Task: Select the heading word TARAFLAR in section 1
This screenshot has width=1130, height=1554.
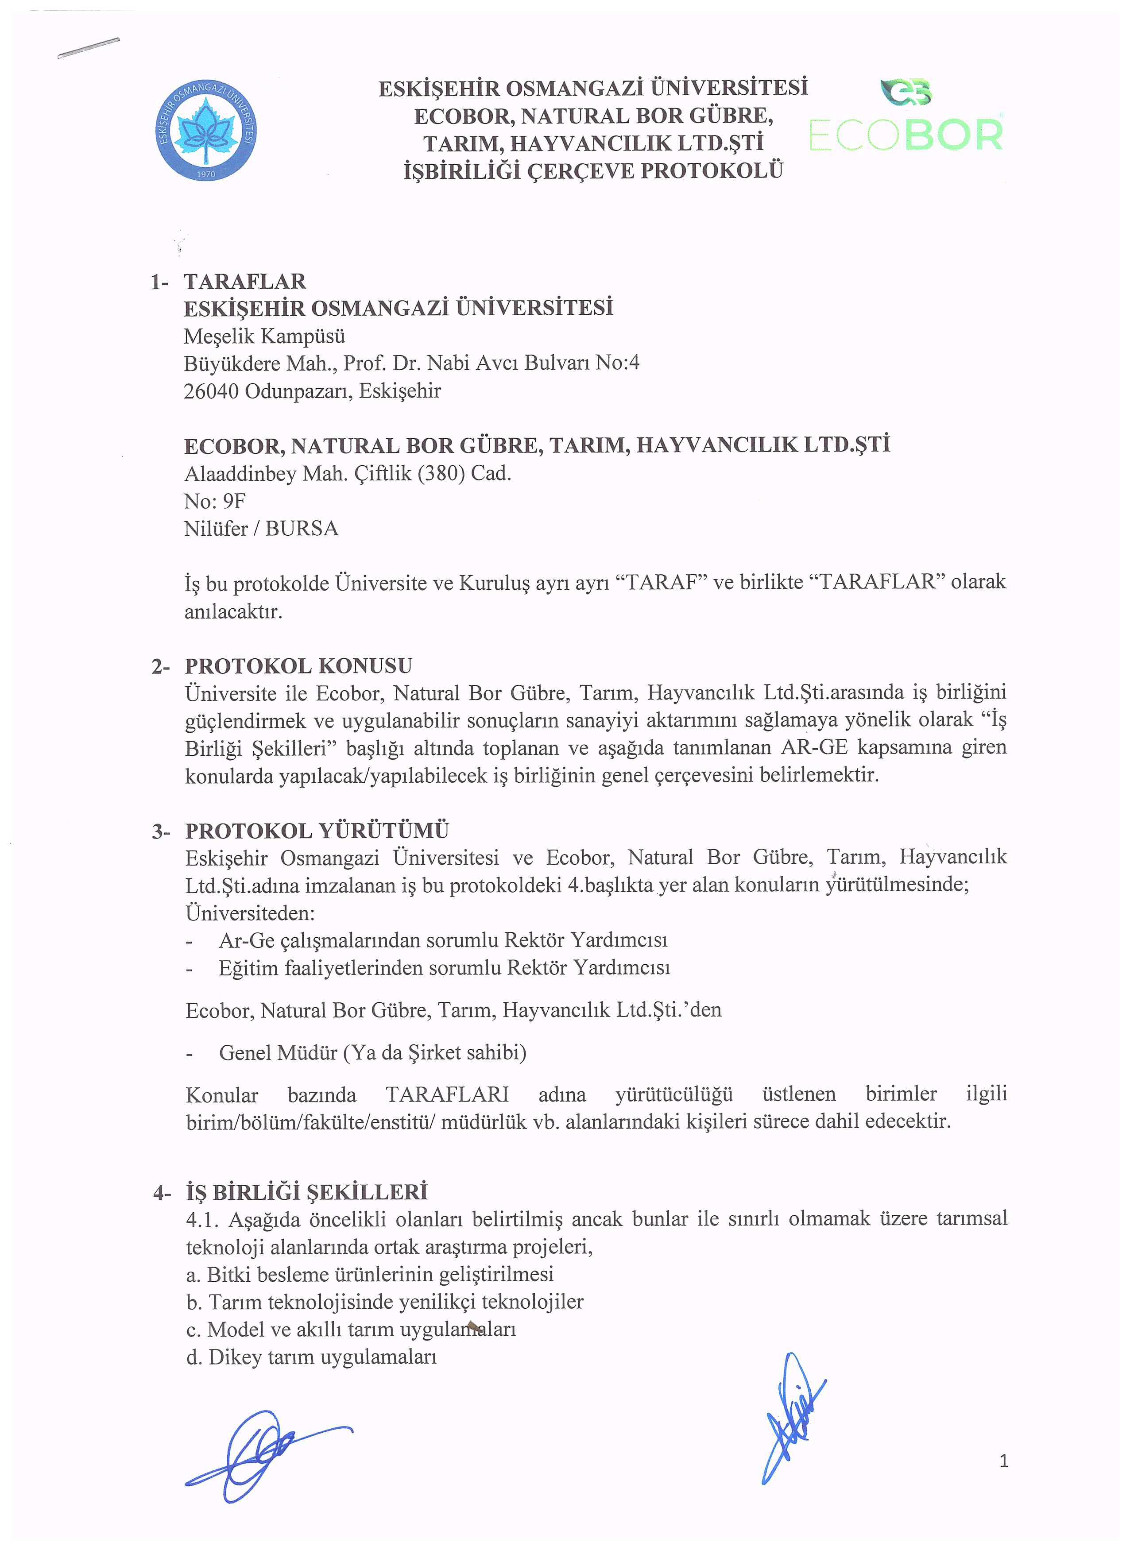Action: coord(244,282)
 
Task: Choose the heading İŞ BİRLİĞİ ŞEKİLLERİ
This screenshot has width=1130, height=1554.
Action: coord(306,1193)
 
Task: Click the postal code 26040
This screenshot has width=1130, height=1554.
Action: coord(211,391)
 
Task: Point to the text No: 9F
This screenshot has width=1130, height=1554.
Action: coord(214,502)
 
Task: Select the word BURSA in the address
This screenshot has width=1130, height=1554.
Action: coord(302,529)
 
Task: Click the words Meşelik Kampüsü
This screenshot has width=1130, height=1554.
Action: coord(264,336)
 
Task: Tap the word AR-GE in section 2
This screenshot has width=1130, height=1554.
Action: coord(814,747)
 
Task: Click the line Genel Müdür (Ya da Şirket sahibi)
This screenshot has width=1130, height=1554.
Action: coord(372,1052)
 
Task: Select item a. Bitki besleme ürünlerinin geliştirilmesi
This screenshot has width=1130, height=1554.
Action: coord(369,1275)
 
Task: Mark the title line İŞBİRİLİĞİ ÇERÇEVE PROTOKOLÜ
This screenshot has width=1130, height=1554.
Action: coord(593,170)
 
